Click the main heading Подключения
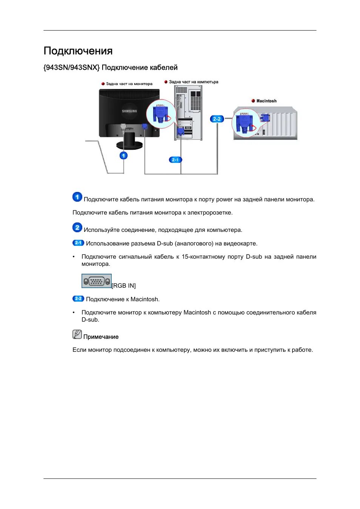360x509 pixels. tap(78, 51)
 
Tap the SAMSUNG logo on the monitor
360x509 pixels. tap(129, 111)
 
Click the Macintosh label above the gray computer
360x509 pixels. tap(266, 101)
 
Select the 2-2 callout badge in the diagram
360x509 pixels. tap(217, 119)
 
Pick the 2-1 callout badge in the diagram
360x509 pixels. tap(175, 160)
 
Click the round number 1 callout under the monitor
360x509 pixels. tap(123, 155)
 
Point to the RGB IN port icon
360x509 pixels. tap(96, 281)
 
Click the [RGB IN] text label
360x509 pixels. tap(124, 286)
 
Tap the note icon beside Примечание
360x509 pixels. tap(77, 334)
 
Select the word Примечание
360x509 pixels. tap(101, 337)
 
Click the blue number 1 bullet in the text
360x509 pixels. tap(77, 197)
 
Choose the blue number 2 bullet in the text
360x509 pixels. tap(77, 227)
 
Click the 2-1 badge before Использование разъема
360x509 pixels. tap(78, 243)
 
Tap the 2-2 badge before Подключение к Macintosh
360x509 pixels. tap(78, 299)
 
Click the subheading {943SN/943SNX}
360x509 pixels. tap(72, 67)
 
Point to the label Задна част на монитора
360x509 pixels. tap(129, 84)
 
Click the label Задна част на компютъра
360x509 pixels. tap(193, 82)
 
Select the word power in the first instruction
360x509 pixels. tap(224, 199)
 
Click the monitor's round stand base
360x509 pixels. tap(129, 145)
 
